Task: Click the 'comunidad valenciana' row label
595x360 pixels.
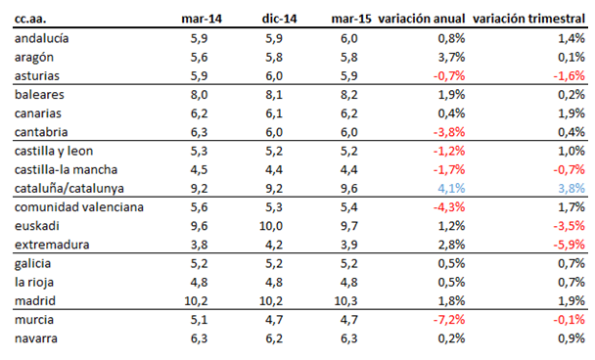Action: [79, 207]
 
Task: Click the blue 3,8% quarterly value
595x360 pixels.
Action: [571, 188]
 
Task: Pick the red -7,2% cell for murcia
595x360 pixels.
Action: [447, 320]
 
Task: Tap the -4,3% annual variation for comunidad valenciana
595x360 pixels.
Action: [447, 207]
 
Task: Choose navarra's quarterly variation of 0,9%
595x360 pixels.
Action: [571, 338]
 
